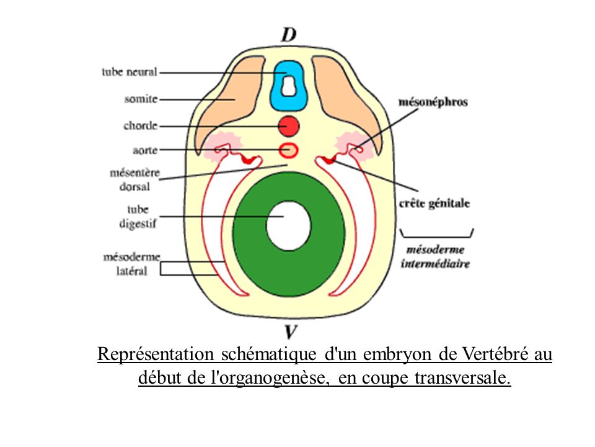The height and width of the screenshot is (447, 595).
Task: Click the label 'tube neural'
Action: coord(129,72)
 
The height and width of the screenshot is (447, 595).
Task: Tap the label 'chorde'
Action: coord(141,126)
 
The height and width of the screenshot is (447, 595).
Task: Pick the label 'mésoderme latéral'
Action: coord(131,263)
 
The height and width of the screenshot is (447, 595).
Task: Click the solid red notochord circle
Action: coord(289,126)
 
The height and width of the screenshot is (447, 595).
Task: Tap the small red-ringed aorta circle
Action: coord(289,150)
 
